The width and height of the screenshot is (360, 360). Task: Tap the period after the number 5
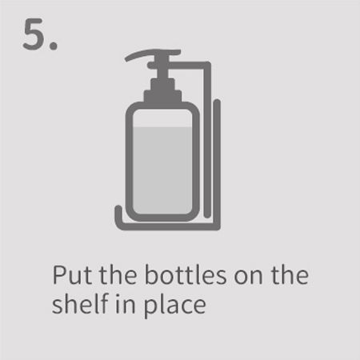54,46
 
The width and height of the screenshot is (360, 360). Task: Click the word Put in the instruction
72,275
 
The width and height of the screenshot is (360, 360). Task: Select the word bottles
186,274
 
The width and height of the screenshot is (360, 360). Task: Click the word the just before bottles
118,274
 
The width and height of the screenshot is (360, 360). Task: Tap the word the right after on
290,274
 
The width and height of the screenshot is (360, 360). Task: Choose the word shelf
81,303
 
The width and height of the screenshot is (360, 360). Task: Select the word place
174,306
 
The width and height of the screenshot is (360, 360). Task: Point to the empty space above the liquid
162,118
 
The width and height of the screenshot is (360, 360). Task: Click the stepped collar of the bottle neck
163,90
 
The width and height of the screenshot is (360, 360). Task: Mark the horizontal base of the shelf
168,226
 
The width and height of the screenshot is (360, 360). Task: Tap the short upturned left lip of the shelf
118,214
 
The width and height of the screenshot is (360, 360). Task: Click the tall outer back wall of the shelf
217,164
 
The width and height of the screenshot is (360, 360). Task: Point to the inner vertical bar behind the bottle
207,140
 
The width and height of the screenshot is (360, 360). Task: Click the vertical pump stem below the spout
162,66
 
